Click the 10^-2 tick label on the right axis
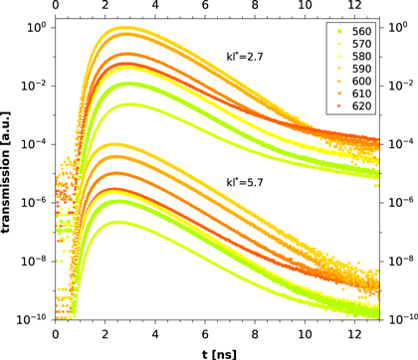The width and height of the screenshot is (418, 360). point(400,87)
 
